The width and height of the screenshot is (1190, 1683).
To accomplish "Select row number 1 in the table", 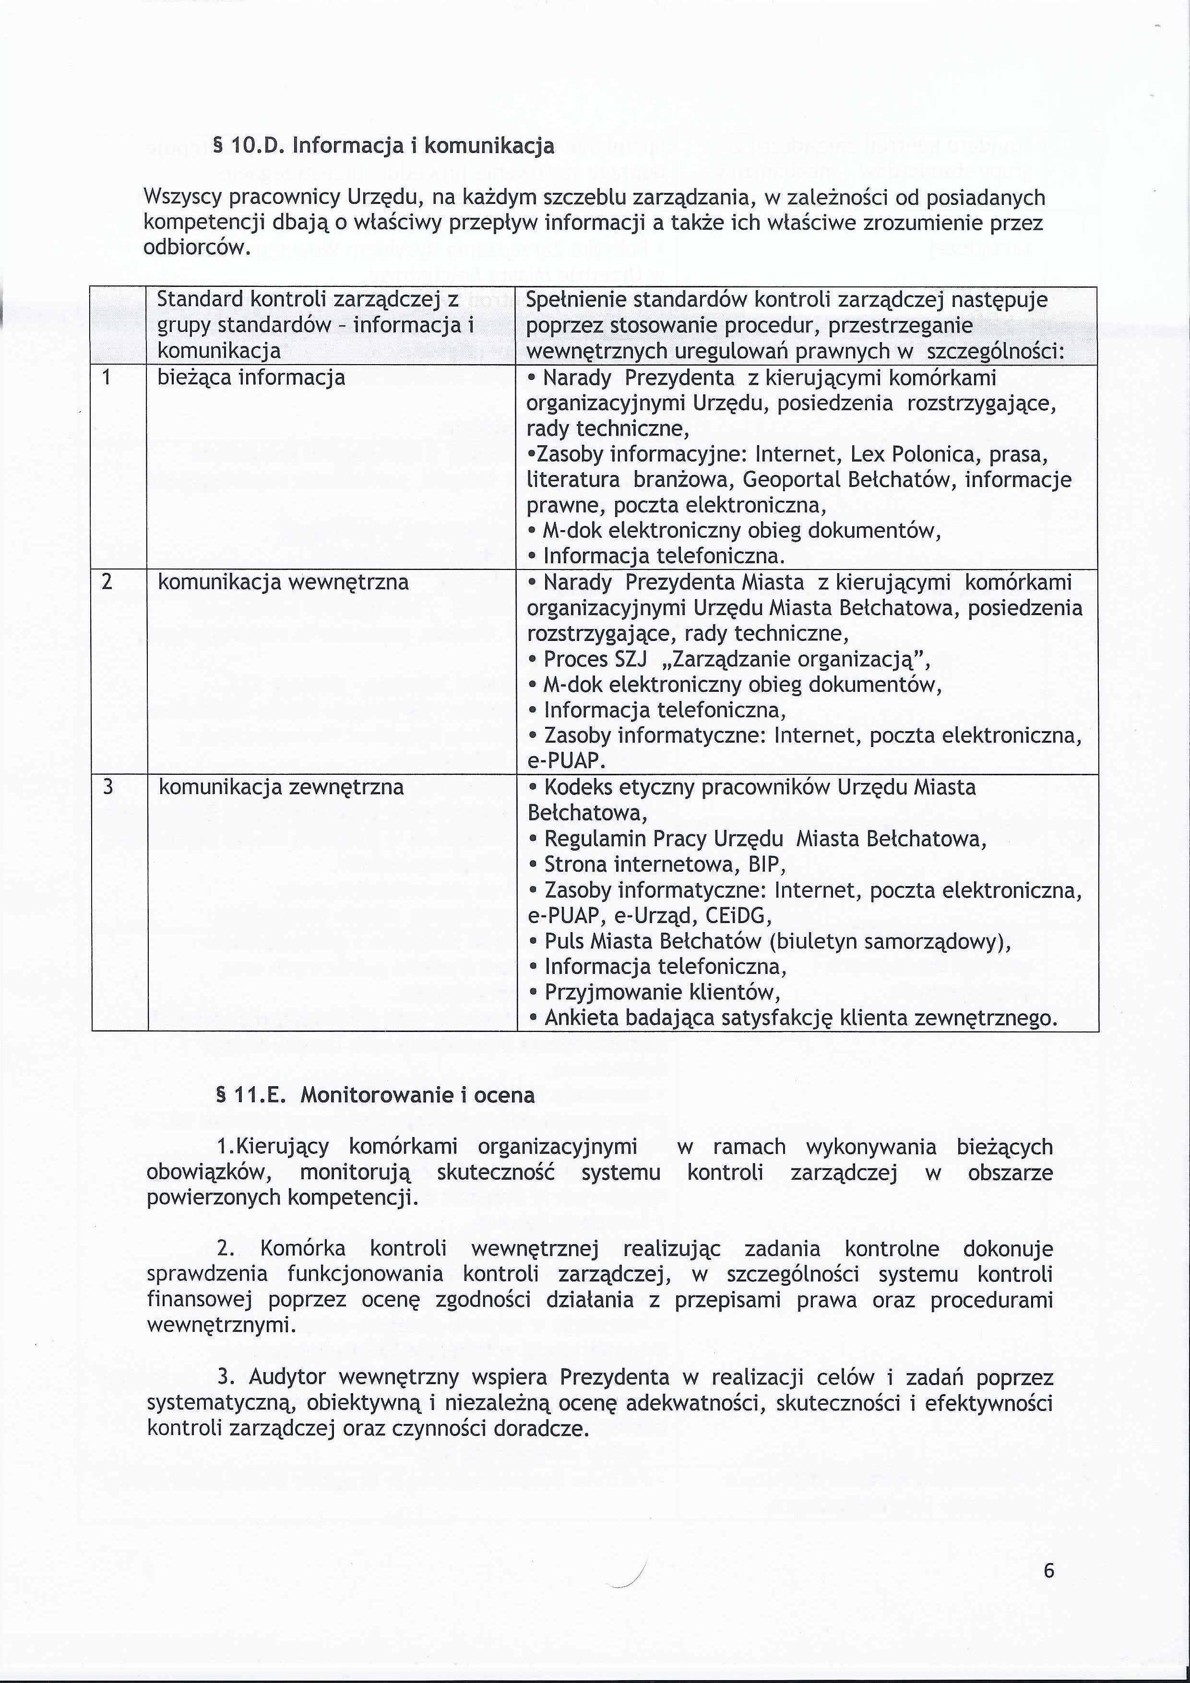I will point(107,378).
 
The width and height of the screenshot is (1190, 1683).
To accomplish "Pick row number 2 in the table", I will point(107,582).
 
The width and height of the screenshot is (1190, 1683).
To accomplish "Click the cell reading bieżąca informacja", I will point(251,378).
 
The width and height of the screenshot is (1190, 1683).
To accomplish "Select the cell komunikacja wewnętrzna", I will point(284,582).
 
